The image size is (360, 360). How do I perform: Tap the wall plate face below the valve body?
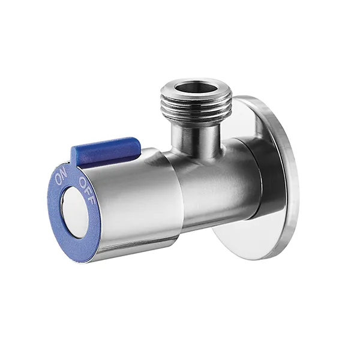tap(252, 240)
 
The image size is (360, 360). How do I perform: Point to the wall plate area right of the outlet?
tap(246, 120)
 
